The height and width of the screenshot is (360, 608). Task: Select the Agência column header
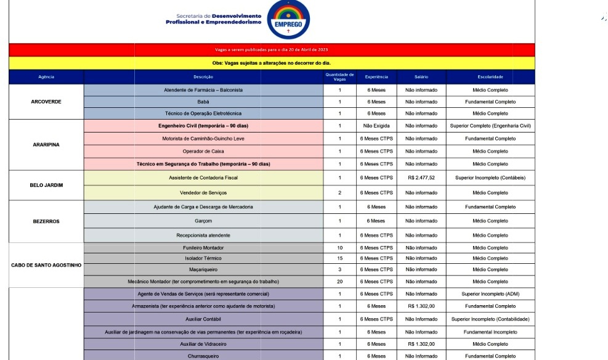(x=46, y=77)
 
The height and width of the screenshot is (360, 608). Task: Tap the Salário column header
(x=421, y=77)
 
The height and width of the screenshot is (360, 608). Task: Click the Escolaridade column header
(x=490, y=77)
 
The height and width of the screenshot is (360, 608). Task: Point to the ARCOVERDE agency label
(x=46, y=102)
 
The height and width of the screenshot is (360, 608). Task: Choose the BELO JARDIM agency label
(x=46, y=185)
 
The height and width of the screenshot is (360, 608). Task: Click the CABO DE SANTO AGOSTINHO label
(x=46, y=265)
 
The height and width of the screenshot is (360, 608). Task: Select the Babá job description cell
(x=203, y=102)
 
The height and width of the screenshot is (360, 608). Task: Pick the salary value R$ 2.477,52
(x=421, y=178)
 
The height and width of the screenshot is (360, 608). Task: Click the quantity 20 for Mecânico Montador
(x=339, y=282)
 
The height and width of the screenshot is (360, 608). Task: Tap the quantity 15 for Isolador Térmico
(x=339, y=258)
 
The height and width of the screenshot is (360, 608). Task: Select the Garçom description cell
(x=203, y=221)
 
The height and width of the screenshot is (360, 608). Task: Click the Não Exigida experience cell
(x=376, y=126)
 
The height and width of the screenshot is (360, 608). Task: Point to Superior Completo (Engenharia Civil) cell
(x=490, y=126)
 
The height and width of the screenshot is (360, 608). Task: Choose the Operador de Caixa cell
(x=203, y=151)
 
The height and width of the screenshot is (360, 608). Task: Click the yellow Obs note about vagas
(x=272, y=63)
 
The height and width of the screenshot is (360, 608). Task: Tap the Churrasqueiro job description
(x=203, y=356)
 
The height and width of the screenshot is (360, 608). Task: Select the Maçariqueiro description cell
(x=203, y=269)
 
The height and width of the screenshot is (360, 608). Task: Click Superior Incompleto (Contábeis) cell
(x=490, y=178)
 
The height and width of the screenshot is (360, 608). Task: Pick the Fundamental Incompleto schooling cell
(x=490, y=332)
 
